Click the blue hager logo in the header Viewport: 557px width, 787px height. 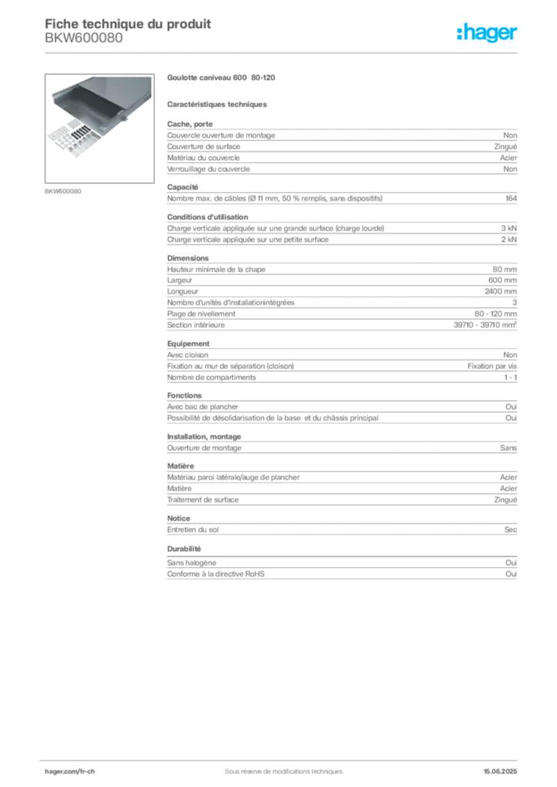tap(489, 34)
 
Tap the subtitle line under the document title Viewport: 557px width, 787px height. tap(82, 44)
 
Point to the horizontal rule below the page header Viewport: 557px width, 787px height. tap(283, 51)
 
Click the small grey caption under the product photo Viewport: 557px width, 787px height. tap(63, 190)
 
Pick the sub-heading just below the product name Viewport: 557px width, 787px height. tap(218, 104)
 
